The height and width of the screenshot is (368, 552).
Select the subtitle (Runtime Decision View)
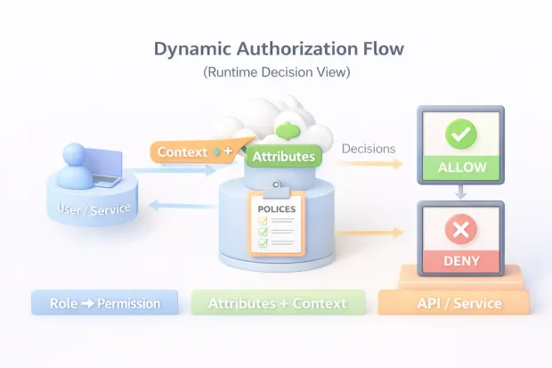[x=276, y=72]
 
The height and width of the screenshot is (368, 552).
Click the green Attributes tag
[x=283, y=157]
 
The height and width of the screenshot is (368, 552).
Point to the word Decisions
[x=369, y=149]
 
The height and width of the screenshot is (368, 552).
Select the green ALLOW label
[x=461, y=167]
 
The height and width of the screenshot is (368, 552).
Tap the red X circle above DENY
[x=461, y=231]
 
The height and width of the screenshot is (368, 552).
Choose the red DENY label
[x=461, y=261]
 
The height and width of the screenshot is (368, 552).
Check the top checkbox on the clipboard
[x=263, y=220]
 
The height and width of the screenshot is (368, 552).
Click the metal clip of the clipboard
[x=275, y=185]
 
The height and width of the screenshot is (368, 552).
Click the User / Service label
[x=94, y=210]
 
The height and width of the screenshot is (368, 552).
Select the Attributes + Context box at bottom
[x=277, y=304]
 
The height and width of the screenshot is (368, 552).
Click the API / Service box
[x=454, y=304]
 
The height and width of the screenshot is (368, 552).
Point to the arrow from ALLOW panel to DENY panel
[x=461, y=190]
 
